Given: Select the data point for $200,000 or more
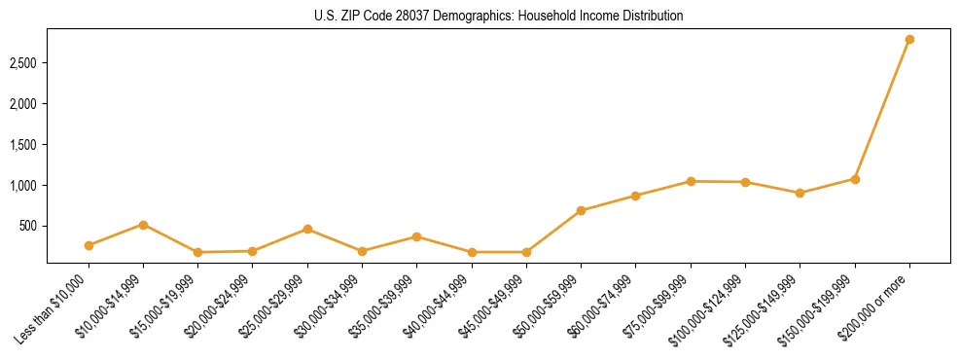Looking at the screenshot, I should tap(909, 40).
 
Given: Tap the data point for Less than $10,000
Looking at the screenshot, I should tap(89, 245).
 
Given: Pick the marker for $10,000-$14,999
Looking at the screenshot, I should tap(143, 225).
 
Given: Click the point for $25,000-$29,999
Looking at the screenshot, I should tap(307, 230).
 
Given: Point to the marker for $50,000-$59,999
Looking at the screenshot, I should tap(581, 210).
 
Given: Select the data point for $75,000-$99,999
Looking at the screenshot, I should tap(691, 181).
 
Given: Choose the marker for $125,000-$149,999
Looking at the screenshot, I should tap(800, 193).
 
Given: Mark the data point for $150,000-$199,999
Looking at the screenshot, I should tap(855, 179).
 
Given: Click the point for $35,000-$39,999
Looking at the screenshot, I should tap(416, 236).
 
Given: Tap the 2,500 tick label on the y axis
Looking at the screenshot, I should tap(24, 63).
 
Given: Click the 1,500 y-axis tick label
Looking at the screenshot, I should tap(24, 145).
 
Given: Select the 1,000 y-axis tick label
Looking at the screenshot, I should tap(24, 185).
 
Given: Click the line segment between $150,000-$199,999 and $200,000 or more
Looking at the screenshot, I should tap(882, 109).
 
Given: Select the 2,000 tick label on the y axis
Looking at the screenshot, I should tap(24, 104).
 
